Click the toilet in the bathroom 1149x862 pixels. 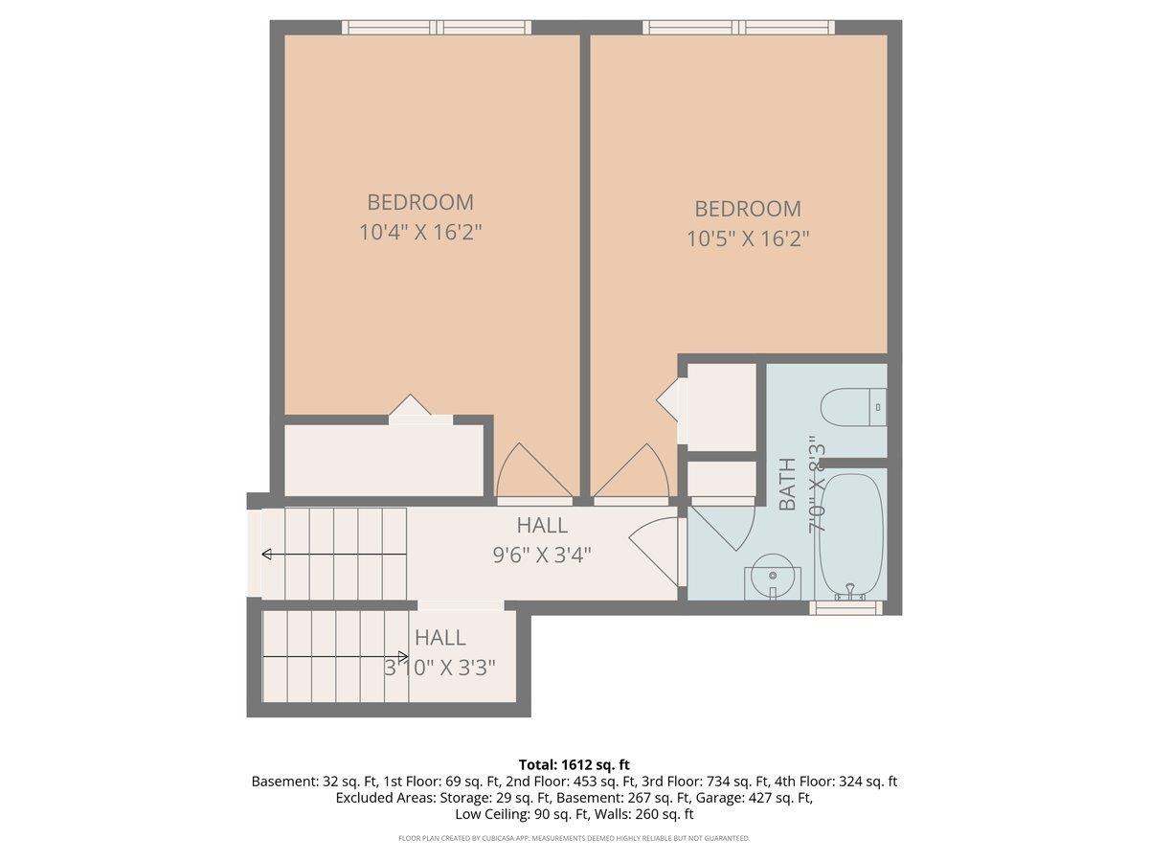pos(853,407)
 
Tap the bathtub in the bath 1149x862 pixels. pos(851,536)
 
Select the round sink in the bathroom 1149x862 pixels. pos(772,577)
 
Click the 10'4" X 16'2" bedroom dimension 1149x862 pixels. pos(419,232)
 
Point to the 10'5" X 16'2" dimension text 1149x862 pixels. pos(748,239)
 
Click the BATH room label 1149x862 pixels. pos(787,484)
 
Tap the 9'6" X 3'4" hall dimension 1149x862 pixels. pos(542,555)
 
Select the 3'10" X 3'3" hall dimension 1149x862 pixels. pos(439,668)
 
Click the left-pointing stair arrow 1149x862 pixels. pos(334,554)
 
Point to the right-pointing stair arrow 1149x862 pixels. pos(335,656)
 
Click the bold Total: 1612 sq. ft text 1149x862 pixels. pos(574,764)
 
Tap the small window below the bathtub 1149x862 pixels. pos(845,607)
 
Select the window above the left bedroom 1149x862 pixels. pos(437,27)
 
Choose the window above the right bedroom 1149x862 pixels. pos(738,27)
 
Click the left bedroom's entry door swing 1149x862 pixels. pos(533,470)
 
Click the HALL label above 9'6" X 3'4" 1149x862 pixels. pos(542,526)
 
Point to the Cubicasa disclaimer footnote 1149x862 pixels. pos(574,838)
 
